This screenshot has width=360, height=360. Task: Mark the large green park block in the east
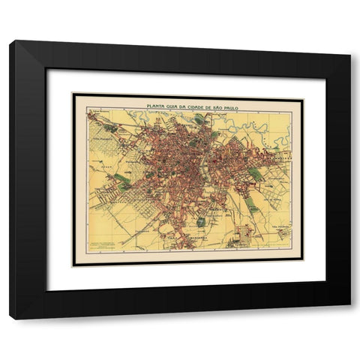click(256, 174)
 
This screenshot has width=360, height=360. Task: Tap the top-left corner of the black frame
click(10, 41)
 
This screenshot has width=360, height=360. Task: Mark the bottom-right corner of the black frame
click(349, 318)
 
